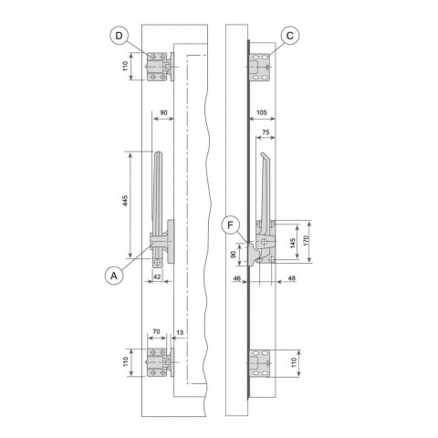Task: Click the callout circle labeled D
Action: point(119,36)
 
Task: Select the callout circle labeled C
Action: point(289,36)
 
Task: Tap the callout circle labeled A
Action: point(114,276)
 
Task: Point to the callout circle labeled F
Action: point(230,225)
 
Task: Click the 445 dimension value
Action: point(125,201)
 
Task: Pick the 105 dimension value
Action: point(262,112)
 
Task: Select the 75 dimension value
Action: point(266,132)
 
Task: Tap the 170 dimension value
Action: point(307,240)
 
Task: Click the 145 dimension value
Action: point(293,244)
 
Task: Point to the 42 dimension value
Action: point(157,276)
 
